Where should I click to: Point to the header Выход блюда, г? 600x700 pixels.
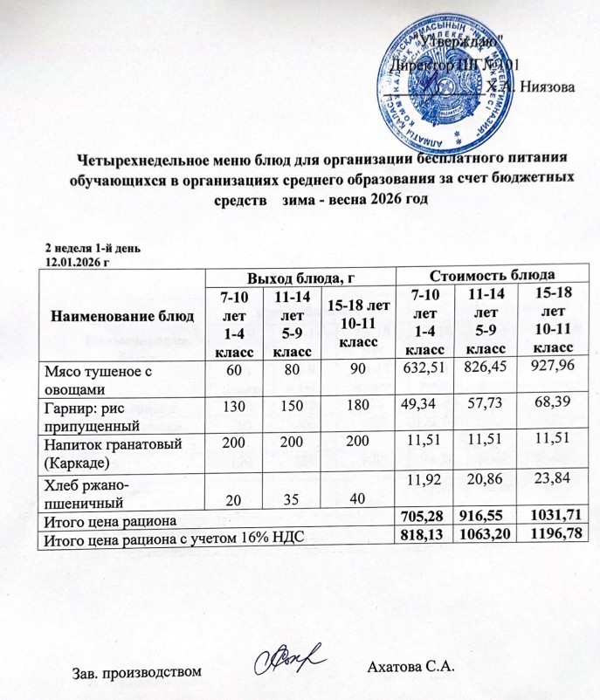299,278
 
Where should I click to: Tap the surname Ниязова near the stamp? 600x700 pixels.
546,86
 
